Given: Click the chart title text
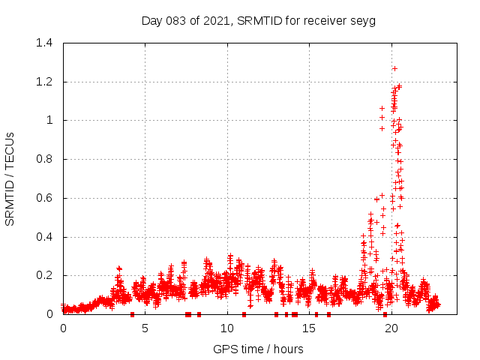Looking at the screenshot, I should (x=259, y=20).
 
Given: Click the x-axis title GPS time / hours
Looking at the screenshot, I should (x=258, y=349).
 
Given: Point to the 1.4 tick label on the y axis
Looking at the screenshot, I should (x=43, y=43).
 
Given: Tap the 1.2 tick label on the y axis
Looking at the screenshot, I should (x=43, y=82).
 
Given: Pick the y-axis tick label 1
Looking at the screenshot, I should (x=49, y=121).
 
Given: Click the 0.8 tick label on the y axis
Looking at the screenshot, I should (x=43, y=159).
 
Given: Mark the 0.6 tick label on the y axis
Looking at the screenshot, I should (x=43, y=198).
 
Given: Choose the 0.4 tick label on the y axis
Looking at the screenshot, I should (x=43, y=237).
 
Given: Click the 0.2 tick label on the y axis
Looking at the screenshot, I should (x=43, y=276).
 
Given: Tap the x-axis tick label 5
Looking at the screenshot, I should (x=145, y=328).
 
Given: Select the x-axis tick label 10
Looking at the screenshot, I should (x=227, y=328).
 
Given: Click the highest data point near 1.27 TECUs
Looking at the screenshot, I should (x=394, y=68).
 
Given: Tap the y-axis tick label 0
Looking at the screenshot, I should (x=49, y=315).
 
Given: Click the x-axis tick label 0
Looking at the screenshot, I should (x=63, y=328).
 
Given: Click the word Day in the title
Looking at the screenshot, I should (x=152, y=21).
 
